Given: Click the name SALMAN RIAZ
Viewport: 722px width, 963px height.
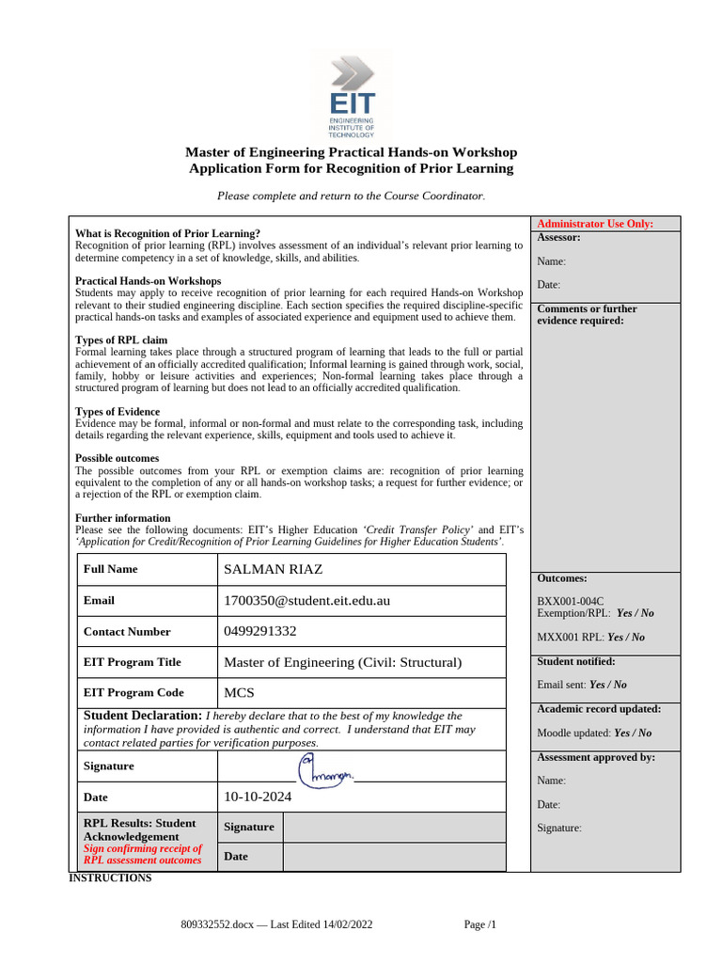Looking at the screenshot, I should click(273, 569).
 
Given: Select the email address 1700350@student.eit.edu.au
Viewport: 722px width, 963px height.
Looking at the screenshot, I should click(306, 600).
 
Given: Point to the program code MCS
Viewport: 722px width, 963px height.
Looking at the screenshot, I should click(240, 692).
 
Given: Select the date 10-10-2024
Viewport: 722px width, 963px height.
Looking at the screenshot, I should click(258, 797).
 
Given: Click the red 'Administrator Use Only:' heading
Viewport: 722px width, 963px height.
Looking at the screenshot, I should click(594, 224).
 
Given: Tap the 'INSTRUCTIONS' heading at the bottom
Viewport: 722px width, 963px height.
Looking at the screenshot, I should click(110, 878).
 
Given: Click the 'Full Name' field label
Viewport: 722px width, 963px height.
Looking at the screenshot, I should click(110, 569).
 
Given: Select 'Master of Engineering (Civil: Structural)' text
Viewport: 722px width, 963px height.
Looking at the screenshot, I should click(342, 662).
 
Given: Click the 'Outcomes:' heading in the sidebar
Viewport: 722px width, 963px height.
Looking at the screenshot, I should click(561, 578).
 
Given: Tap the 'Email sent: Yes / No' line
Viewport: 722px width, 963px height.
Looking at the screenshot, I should click(581, 685).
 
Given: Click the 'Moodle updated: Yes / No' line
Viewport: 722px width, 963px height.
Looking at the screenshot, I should click(593, 733).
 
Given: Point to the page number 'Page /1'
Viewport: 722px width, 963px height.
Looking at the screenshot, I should click(479, 924).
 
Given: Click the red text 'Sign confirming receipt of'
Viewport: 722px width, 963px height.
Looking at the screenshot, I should click(143, 848).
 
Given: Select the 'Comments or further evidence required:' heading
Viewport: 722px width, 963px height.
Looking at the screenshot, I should click(587, 314).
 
